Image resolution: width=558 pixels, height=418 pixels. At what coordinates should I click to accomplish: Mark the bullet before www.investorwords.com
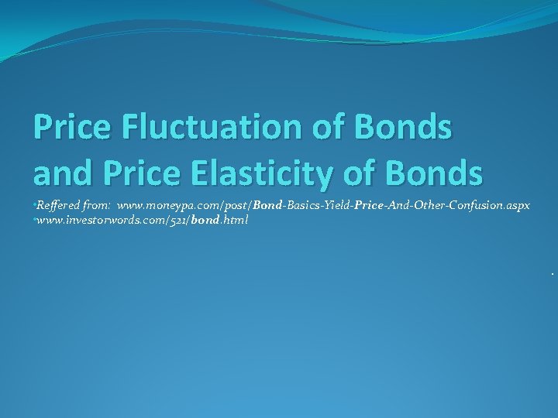tap(34, 219)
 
